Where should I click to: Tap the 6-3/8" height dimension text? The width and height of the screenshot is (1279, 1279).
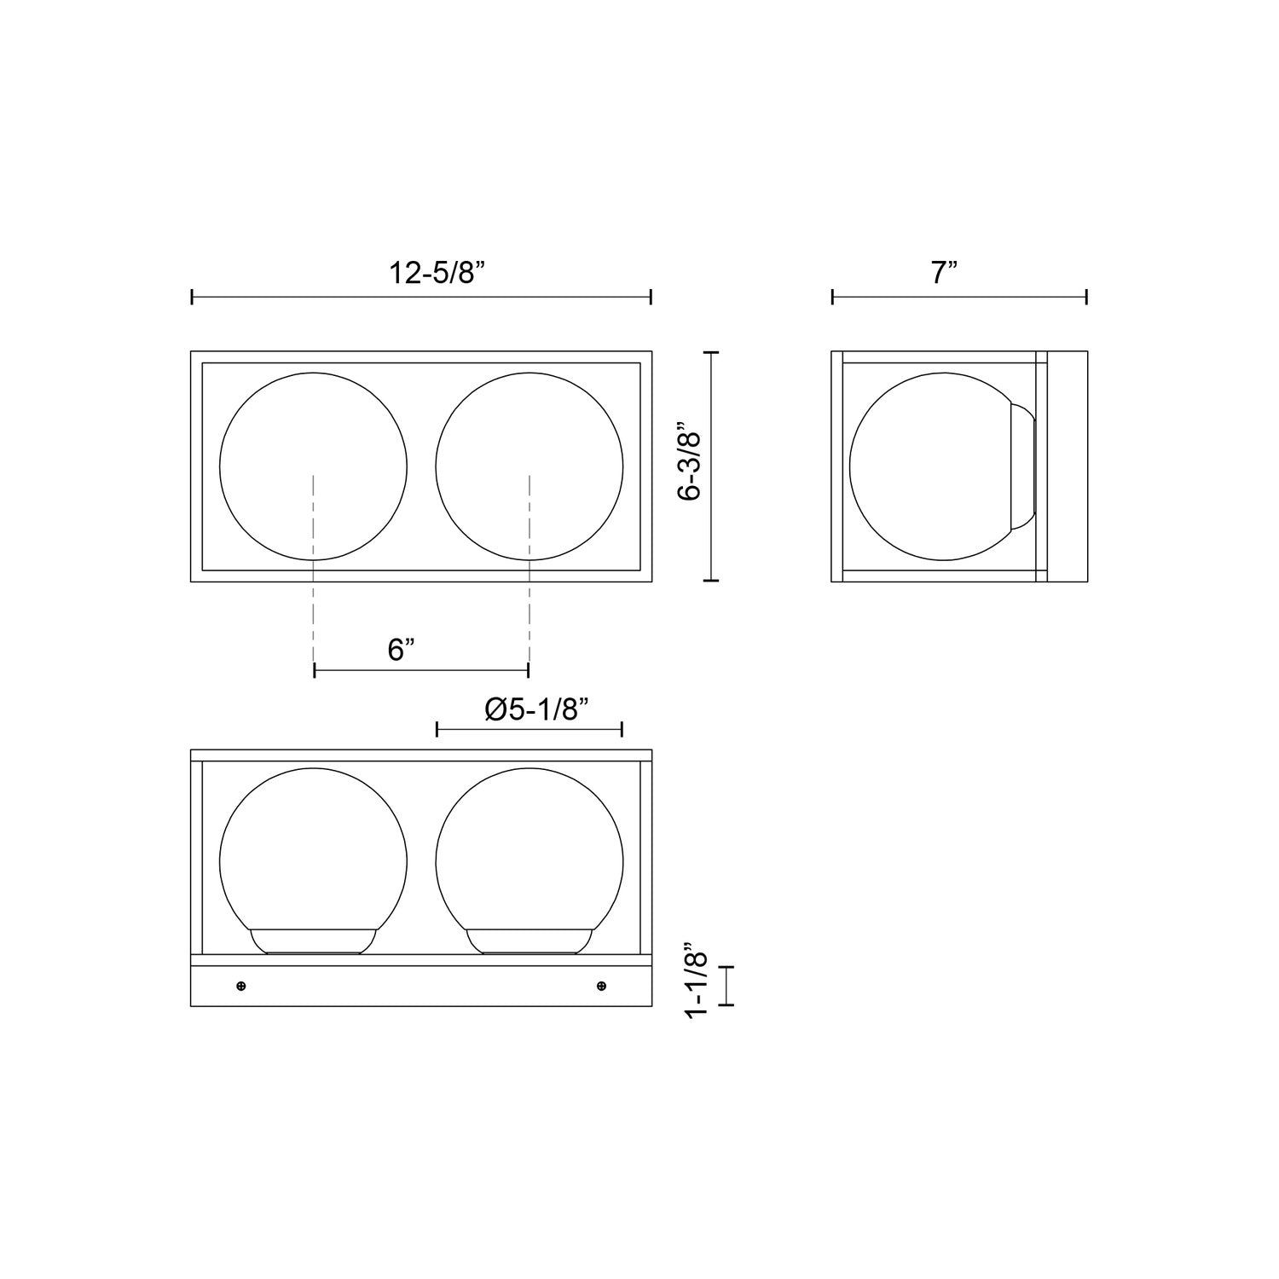pyautogui.click(x=689, y=466)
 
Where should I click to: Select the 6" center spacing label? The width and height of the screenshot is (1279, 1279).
pyautogui.click(x=401, y=651)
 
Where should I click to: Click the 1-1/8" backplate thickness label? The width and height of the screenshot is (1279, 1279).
pyautogui.click(x=697, y=984)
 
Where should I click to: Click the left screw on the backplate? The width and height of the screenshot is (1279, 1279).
pyautogui.click(x=241, y=987)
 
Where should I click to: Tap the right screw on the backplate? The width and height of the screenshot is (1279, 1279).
pyautogui.click(x=602, y=987)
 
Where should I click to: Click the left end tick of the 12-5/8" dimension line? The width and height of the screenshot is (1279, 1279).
pyautogui.click(x=193, y=297)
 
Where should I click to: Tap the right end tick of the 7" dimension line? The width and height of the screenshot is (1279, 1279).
pyautogui.click(x=1086, y=297)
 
